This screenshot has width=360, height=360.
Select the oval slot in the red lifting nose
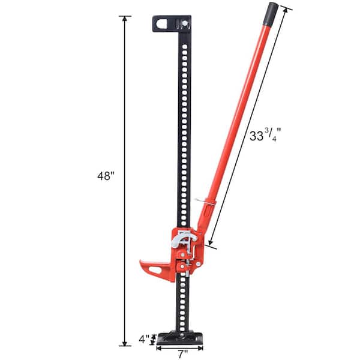(155, 269)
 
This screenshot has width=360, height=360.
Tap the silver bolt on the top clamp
(184, 24)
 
